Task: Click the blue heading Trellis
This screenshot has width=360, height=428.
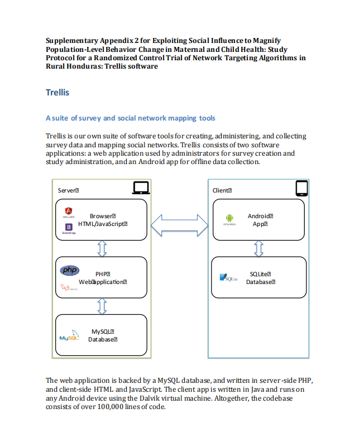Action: pyautogui.click(x=57, y=93)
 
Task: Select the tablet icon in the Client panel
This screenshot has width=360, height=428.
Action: pyautogui.click(x=302, y=188)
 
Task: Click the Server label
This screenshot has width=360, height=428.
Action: pyautogui.click(x=68, y=190)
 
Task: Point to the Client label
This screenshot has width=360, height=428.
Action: pyautogui.click(x=222, y=190)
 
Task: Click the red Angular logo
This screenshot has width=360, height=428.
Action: pyautogui.click(x=69, y=211)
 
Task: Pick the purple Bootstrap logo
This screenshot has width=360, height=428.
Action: pyautogui.click(x=69, y=227)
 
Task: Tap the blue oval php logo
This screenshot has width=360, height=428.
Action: pyautogui.click(x=70, y=271)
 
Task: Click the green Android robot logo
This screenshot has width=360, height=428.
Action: pyautogui.click(x=229, y=218)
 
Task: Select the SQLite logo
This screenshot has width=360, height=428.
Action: pyautogui.click(x=229, y=277)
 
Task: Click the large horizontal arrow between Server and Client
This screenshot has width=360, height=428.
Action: pyautogui.click(x=178, y=225)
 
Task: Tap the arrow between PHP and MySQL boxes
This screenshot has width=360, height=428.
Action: pyautogui.click(x=102, y=305)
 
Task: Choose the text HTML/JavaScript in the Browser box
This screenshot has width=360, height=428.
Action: pyautogui.click(x=103, y=224)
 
